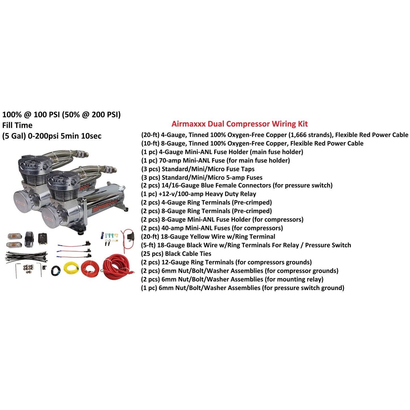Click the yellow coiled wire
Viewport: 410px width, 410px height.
[x=71, y=268]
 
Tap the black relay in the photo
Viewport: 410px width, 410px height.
[x=43, y=239]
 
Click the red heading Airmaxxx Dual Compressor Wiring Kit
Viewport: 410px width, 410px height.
[x=239, y=124]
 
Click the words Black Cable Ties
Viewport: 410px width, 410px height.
[x=188, y=254]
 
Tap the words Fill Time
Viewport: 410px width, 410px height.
[x=17, y=125]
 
